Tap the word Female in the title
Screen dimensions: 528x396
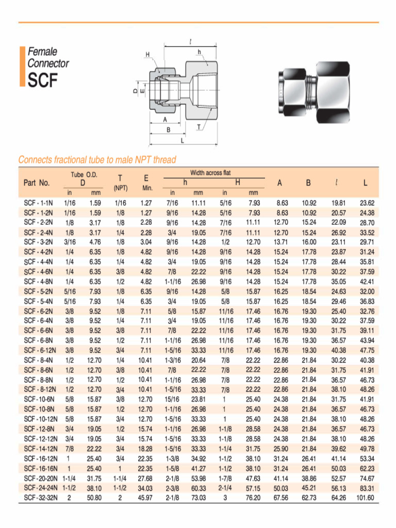coord(42,52)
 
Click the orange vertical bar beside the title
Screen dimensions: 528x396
coord(22,66)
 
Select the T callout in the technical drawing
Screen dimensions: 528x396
coord(199,126)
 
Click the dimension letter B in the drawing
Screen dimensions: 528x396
coord(168,130)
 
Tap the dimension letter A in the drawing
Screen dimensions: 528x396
coord(165,119)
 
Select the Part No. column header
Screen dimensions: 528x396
coord(37,183)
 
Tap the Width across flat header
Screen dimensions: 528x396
coord(210,173)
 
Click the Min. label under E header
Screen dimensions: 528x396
coord(147,188)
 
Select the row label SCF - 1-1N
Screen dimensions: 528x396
coord(39,203)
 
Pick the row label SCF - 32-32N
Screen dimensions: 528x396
coord(39,498)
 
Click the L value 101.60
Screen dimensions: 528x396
coord(365,498)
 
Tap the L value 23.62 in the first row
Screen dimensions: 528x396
coord(367,203)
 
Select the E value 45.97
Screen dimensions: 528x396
coord(145,498)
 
